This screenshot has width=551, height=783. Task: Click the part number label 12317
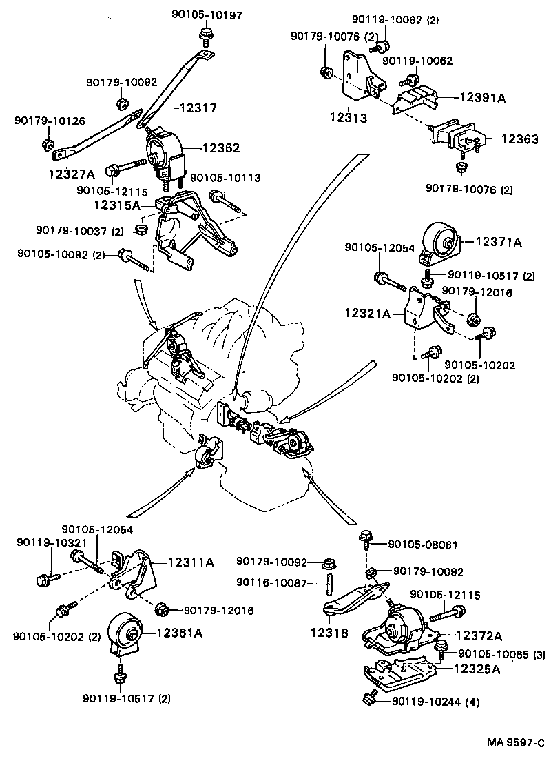pyautogui.click(x=198, y=108)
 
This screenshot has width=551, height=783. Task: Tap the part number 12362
pyautogui.click(x=221, y=148)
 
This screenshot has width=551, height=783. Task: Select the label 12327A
pyautogui.click(x=72, y=174)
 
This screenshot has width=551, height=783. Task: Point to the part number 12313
pyautogui.click(x=349, y=118)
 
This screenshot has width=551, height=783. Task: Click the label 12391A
pyautogui.click(x=483, y=97)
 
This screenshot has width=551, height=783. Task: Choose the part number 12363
pyautogui.click(x=520, y=139)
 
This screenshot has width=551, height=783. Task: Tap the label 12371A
pyautogui.click(x=499, y=242)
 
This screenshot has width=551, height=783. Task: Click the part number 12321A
pyautogui.click(x=368, y=314)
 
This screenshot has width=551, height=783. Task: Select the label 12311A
pyautogui.click(x=191, y=562)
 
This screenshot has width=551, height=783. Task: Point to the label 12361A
pyautogui.click(x=180, y=633)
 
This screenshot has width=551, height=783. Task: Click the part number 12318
pyautogui.click(x=329, y=633)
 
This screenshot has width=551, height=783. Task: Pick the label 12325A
pyautogui.click(x=477, y=669)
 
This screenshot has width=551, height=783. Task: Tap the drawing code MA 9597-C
pyautogui.click(x=516, y=742)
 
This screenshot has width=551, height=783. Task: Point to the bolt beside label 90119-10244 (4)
pyautogui.click(x=370, y=698)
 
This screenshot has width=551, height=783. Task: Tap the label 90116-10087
pyautogui.click(x=271, y=582)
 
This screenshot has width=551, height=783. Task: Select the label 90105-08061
pyautogui.click(x=422, y=545)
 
